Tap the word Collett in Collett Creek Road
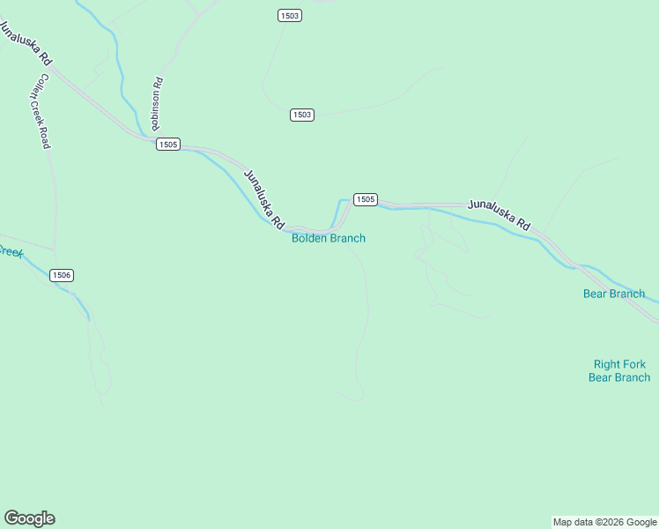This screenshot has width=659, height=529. tap(34, 85)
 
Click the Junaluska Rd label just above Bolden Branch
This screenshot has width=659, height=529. tap(264, 196)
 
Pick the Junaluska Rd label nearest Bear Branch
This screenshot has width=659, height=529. tap(500, 215)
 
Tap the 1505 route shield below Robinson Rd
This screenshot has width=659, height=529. tap(168, 145)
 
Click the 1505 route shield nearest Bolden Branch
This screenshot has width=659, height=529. tap(366, 200)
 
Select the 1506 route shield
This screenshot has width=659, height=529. tap(62, 276)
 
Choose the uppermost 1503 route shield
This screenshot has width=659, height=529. tap(289, 16)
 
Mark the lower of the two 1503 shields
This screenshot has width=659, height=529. tap(302, 115)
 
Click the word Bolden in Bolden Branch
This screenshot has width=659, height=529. tap(308, 238)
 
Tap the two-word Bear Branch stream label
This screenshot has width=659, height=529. tap(614, 294)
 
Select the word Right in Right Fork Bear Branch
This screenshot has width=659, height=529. tap(607, 364)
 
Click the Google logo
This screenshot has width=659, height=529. tap(29, 518)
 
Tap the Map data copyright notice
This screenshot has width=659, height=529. tap(604, 522)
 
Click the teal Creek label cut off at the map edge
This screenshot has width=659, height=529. tap(10, 251)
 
